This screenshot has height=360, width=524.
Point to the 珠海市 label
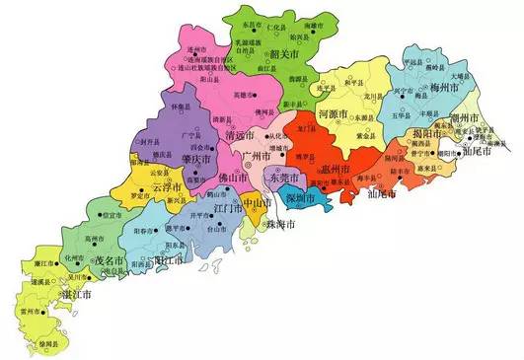coord(279,226)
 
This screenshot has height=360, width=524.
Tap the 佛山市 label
coord(234,178)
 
